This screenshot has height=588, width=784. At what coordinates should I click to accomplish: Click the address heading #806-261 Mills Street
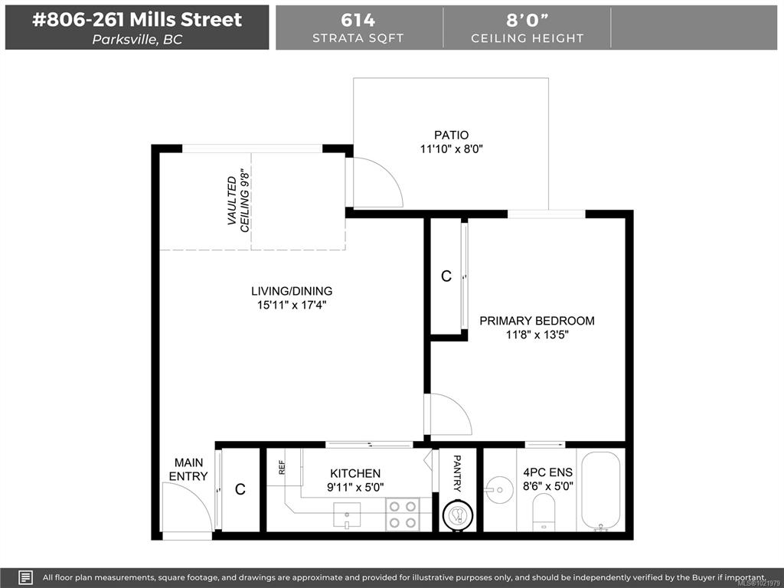(x=137, y=20)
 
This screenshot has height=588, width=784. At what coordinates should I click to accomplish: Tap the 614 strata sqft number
(x=358, y=20)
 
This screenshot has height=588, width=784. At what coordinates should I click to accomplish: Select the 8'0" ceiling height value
(x=527, y=20)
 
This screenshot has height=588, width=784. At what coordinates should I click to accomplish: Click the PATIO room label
(x=452, y=135)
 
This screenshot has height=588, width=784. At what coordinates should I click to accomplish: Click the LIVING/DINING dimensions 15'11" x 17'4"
(x=292, y=305)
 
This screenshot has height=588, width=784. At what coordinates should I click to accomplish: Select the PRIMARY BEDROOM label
(x=537, y=321)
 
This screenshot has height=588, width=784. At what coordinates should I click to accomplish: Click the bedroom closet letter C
(x=446, y=276)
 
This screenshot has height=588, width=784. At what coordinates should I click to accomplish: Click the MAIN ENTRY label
(x=188, y=469)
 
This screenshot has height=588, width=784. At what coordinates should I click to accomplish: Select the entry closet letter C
(x=240, y=489)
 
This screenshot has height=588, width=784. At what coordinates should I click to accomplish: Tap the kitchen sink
(x=347, y=515)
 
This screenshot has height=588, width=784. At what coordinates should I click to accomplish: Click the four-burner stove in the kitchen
(x=403, y=514)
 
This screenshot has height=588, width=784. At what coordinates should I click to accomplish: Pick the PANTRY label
(x=457, y=473)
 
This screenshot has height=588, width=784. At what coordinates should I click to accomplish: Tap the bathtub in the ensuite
(x=600, y=491)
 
